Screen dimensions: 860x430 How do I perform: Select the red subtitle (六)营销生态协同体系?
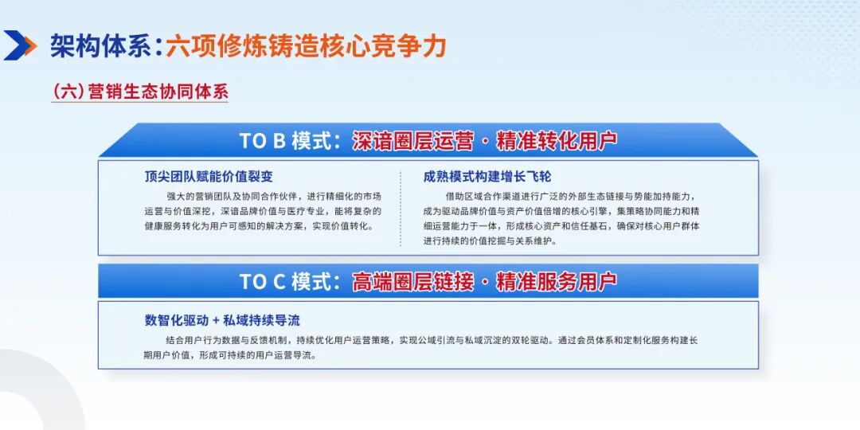pyautogui.click(x=140, y=92)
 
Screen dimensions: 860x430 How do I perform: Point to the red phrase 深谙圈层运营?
pyautogui.click(x=412, y=141)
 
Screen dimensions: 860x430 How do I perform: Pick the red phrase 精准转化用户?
pyautogui.click(x=556, y=141)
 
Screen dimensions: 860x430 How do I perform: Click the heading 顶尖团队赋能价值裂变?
pyautogui.click(x=209, y=177)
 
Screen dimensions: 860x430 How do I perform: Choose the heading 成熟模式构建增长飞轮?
pyautogui.click(x=487, y=177)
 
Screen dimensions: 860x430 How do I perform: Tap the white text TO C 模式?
pyautogui.click(x=286, y=281)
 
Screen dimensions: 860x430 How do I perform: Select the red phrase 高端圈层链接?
pyautogui.click(x=412, y=281)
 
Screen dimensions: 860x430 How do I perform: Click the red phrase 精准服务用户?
pyautogui.click(x=556, y=281)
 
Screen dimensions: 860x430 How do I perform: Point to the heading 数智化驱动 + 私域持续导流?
pyautogui.click(x=222, y=320)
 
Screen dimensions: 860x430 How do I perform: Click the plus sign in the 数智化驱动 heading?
pyautogui.click(x=216, y=321)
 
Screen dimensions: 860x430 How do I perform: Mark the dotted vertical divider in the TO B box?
pyautogui.click(x=401, y=209)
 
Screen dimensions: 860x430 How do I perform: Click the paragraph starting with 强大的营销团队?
pyautogui.click(x=264, y=211)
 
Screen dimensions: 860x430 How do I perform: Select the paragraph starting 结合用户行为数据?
pyautogui.click(x=416, y=347)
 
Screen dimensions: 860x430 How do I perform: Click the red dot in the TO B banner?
pyautogui.click(x=484, y=142)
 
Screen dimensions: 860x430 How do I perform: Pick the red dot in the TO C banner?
pyautogui.click(x=484, y=282)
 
